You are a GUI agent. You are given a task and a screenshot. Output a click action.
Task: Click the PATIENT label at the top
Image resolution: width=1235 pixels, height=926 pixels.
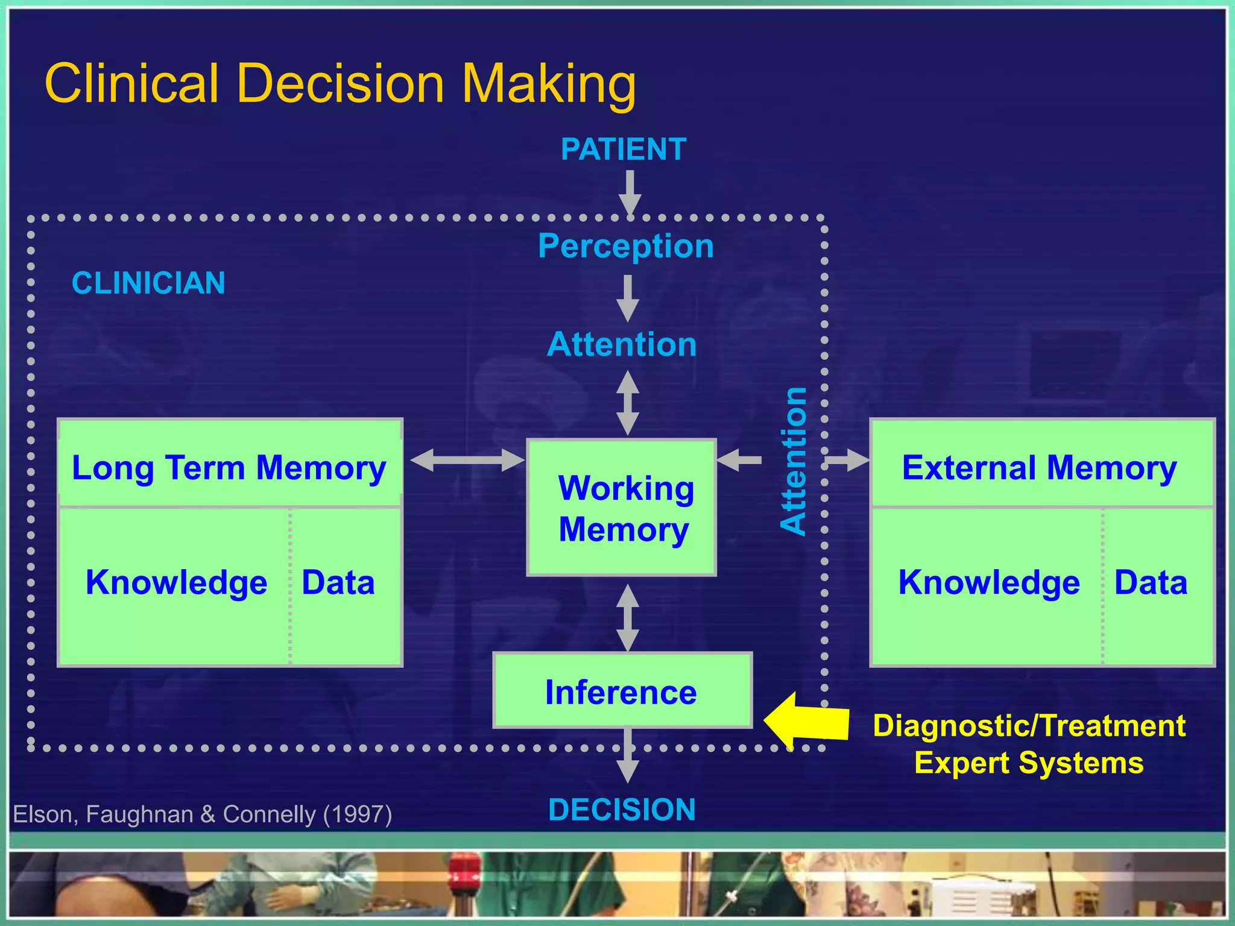click(623, 149)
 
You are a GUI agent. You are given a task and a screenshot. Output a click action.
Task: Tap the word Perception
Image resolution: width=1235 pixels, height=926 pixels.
click(625, 246)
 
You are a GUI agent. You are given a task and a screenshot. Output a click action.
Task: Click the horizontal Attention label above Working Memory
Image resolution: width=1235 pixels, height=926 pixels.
click(622, 344)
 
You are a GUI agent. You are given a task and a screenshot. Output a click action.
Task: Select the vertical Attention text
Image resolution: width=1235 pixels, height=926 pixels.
click(794, 461)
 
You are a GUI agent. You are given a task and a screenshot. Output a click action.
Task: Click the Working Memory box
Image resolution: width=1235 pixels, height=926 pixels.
click(622, 508)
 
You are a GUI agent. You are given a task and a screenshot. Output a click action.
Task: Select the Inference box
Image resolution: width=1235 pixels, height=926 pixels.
click(622, 691)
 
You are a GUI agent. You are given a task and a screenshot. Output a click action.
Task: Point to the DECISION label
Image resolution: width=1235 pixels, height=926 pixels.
click(622, 810)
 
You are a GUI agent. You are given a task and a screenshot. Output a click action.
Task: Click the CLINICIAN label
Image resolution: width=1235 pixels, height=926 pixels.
click(148, 283)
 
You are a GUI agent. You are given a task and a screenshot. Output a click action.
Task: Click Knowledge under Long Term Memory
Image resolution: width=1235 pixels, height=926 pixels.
click(176, 582)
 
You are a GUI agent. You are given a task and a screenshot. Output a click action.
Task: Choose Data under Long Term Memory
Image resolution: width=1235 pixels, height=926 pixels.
click(338, 582)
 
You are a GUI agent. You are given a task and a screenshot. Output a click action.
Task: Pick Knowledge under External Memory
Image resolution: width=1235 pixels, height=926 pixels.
click(989, 582)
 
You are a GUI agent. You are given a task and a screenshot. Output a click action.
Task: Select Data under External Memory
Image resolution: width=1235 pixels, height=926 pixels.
click(1151, 582)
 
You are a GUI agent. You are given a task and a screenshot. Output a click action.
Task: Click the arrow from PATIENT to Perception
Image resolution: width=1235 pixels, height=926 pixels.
click(630, 192)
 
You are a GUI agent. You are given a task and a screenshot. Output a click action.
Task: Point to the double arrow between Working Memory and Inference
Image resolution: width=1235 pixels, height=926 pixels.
click(628, 617)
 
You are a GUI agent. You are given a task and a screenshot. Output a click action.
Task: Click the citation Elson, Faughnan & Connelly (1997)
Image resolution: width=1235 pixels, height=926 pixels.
click(203, 814)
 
